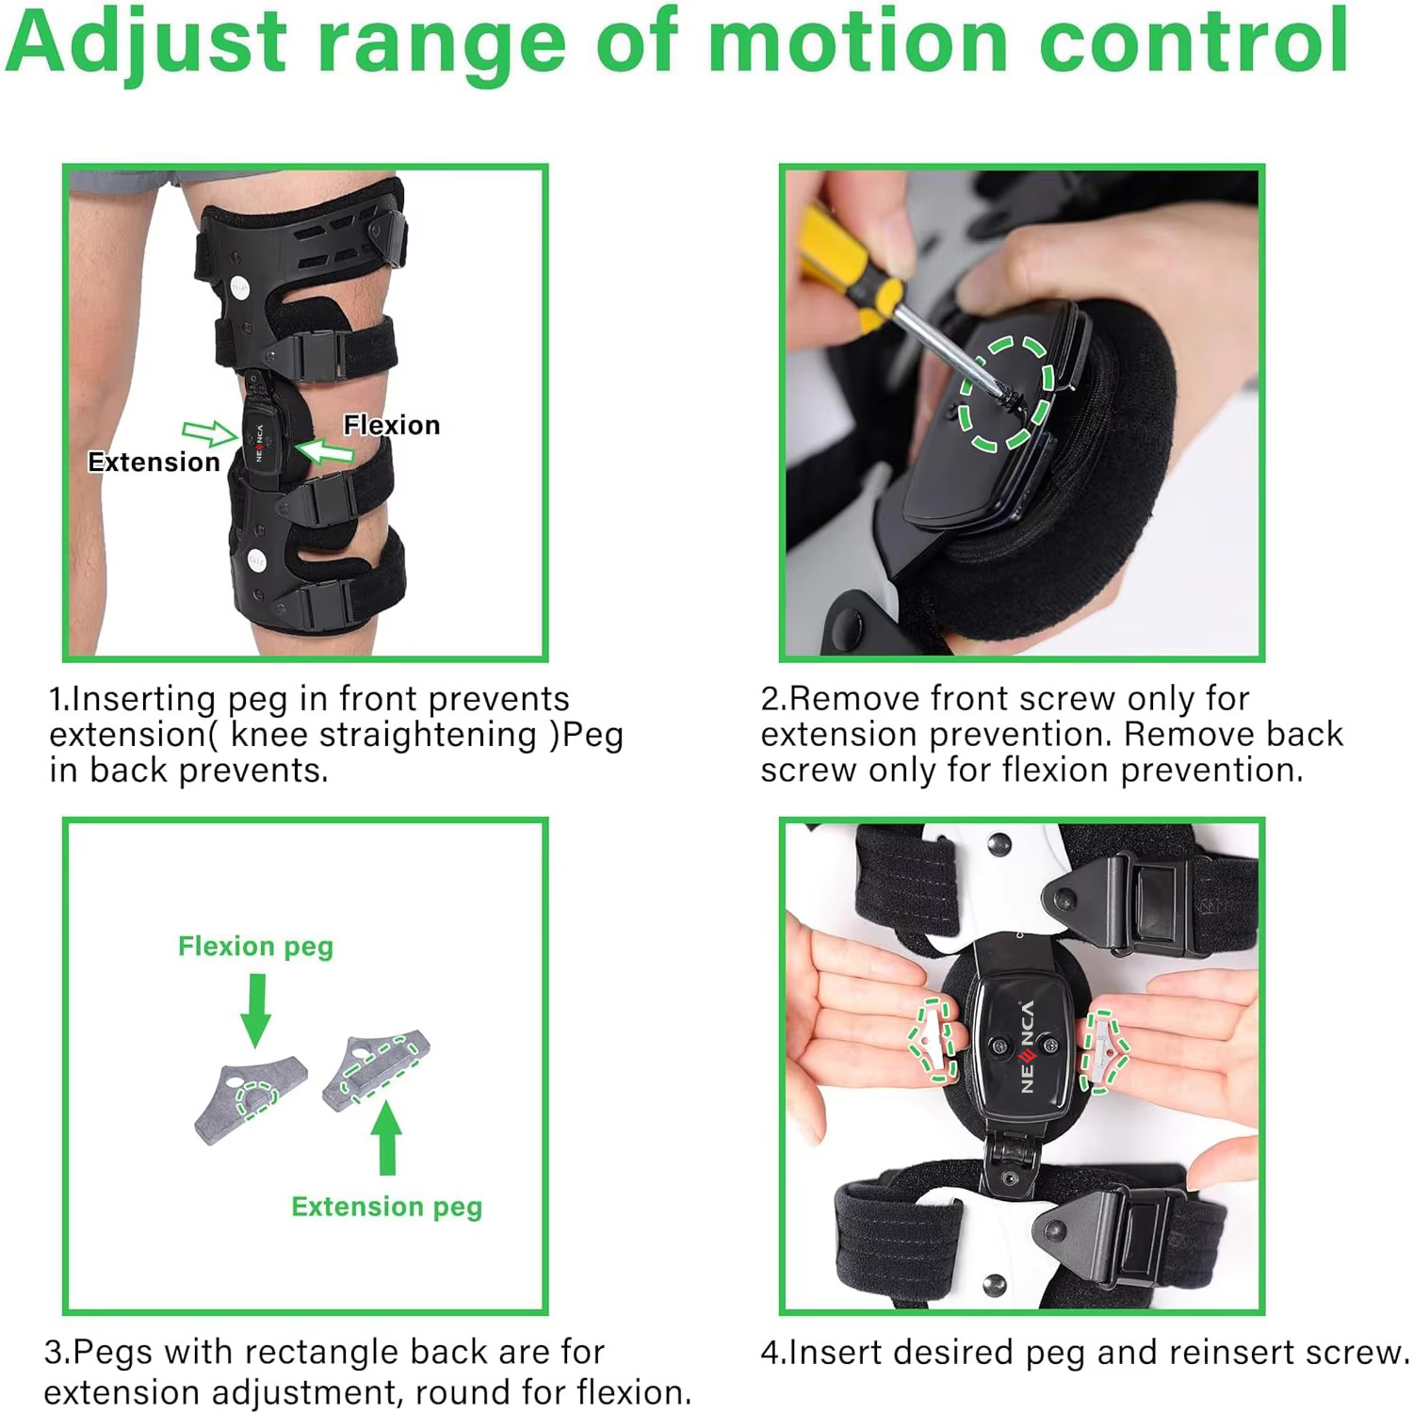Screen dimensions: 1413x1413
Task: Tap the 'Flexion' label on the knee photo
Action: click(391, 426)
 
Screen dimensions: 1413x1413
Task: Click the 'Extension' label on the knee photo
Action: click(154, 463)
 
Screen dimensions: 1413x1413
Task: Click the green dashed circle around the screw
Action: click(1006, 393)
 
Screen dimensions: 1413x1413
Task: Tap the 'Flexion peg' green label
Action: click(255, 946)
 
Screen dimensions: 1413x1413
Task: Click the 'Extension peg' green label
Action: click(386, 1207)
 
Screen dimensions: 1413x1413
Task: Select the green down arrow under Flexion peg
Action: click(255, 1009)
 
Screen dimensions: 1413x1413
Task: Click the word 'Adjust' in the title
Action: click(146, 42)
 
